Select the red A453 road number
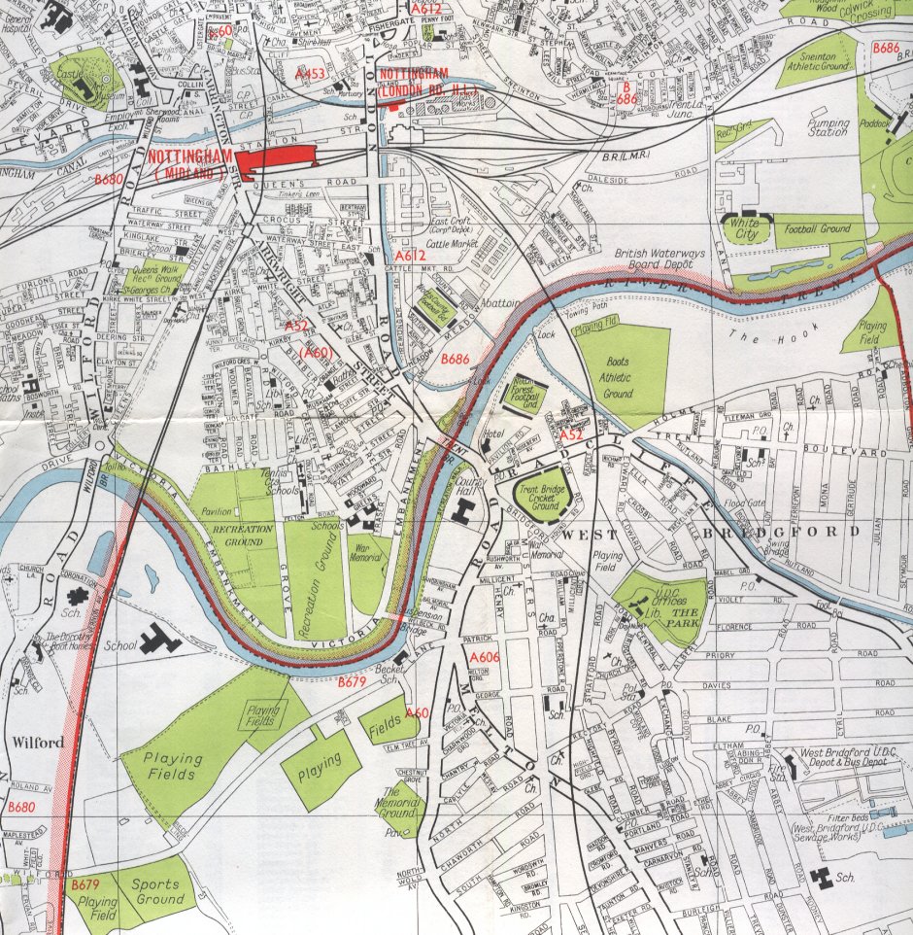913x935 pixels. click(310, 74)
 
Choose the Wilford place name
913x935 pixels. click(37, 743)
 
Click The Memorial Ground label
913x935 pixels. click(399, 803)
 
